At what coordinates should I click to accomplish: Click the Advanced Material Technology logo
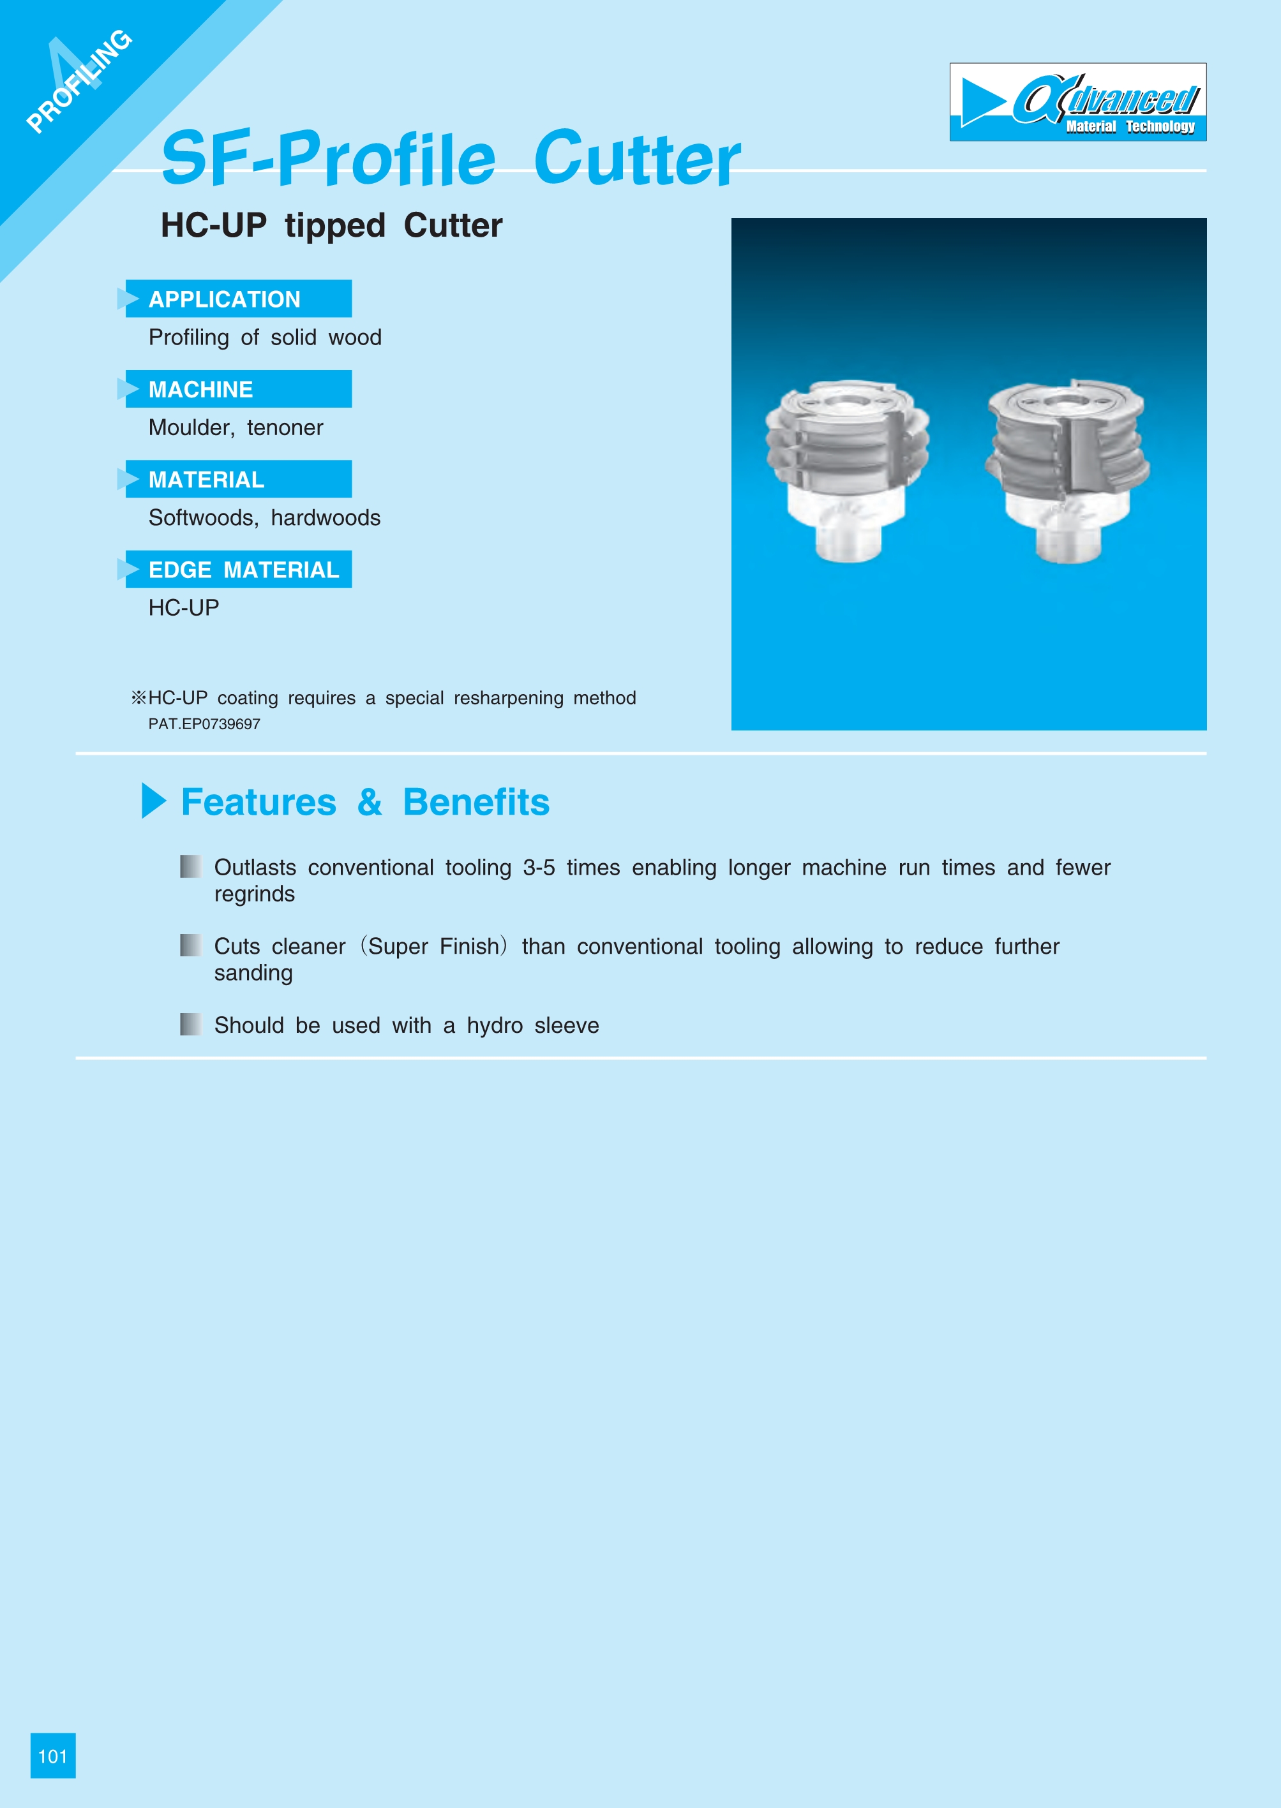1077,103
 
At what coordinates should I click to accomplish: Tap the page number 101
53,1756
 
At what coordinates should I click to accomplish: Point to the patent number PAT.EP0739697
204,724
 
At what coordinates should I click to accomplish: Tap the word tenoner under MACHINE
285,427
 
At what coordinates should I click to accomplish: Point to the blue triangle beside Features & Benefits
154,801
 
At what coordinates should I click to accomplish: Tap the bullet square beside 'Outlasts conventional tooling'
190,866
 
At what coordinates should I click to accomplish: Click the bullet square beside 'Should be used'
190,1024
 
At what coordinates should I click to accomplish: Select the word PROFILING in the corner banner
80,81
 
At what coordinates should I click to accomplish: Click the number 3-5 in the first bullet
539,868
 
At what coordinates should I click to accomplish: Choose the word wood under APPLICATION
355,337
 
